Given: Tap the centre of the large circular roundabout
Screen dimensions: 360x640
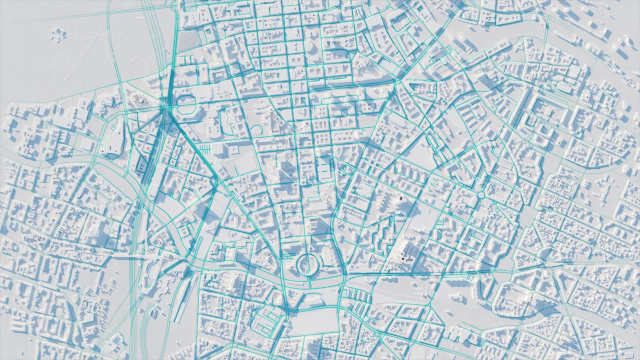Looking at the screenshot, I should (x=307, y=265).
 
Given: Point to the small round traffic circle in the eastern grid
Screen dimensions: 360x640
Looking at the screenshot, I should (x=481, y=195).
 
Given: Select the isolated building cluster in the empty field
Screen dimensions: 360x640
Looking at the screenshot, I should (x=58, y=34).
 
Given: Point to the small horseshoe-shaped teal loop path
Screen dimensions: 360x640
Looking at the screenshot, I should (x=256, y=130).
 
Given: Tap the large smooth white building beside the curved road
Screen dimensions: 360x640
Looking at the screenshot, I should (x=113, y=140).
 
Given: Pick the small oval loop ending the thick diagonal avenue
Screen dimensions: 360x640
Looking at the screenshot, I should (x=215, y=182).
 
